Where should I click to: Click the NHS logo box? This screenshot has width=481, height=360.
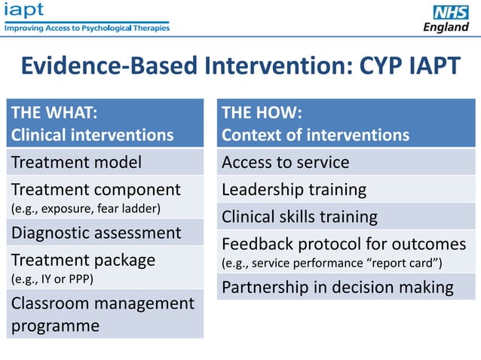click(450, 12)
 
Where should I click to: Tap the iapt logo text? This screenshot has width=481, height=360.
click(24, 10)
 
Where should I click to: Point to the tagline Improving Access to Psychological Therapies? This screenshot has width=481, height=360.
click(87, 28)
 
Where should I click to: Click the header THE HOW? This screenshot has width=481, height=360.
click(262, 114)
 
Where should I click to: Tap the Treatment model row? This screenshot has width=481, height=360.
click(76, 162)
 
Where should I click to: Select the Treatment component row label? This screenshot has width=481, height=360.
click(96, 189)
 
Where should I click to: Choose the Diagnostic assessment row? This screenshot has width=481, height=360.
click(96, 233)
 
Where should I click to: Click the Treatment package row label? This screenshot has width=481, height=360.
click(83, 260)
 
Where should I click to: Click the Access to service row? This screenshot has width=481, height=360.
click(285, 162)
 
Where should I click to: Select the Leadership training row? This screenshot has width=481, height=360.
click(294, 189)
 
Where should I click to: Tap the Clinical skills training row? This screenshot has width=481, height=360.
click(299, 217)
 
